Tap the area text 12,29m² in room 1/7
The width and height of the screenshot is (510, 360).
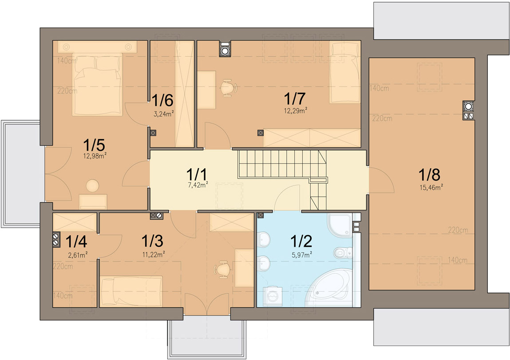tap(296, 111)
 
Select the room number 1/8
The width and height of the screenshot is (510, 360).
tap(429, 174)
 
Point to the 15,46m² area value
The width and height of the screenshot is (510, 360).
tap(431, 188)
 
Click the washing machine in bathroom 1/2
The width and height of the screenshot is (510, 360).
tap(272, 296)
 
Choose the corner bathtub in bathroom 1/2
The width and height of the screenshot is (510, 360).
tap(328, 288)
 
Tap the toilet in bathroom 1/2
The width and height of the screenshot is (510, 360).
tap(343, 253)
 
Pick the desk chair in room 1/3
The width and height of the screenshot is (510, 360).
tap(222, 269)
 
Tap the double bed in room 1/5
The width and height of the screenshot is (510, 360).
tap(98, 84)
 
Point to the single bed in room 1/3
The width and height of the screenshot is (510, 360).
tap(131, 291)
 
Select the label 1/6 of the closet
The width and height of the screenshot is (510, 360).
tap(162, 100)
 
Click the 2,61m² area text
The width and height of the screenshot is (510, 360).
tap(78, 255)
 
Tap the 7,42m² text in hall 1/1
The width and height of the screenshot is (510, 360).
tap(198, 186)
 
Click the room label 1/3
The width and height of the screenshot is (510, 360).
tap(152, 241)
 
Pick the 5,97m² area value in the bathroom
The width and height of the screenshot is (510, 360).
tap(302, 255)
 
